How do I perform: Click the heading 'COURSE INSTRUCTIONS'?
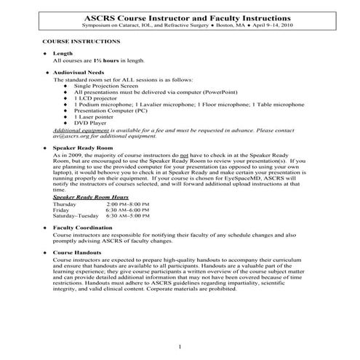pyautogui.click(x=76, y=43)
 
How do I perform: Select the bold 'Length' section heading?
pyautogui.click(x=63, y=54)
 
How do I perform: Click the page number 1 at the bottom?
pyautogui.click(x=179, y=346)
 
